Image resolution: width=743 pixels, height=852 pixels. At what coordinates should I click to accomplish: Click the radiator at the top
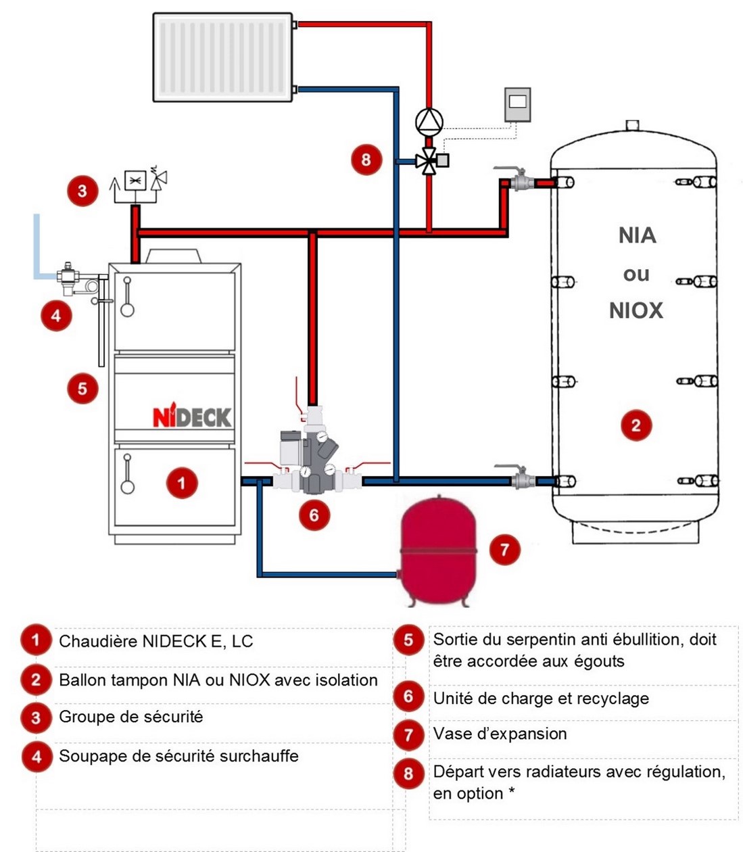click(x=223, y=57)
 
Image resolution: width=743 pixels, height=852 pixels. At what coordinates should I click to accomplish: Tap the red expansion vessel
click(x=439, y=548)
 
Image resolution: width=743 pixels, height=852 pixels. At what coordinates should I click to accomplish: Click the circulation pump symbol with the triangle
click(x=429, y=122)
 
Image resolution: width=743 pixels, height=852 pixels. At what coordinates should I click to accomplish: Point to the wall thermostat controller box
click(x=517, y=104)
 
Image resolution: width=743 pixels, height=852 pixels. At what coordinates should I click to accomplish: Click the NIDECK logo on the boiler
click(x=192, y=417)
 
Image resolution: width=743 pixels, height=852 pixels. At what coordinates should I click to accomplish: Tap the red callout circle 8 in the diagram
click(x=366, y=160)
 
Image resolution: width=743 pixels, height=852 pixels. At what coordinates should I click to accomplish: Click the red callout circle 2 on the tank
click(x=636, y=425)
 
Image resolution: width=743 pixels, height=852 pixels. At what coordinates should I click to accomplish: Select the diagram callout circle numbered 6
click(x=314, y=515)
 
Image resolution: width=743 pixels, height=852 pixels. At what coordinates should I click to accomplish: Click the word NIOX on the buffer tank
click(x=636, y=310)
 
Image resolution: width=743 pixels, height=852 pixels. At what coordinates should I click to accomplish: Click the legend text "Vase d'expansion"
click(x=500, y=734)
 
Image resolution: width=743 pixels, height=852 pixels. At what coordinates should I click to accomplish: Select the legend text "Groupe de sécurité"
click(x=131, y=717)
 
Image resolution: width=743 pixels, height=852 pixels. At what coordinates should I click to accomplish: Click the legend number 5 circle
click(x=408, y=640)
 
